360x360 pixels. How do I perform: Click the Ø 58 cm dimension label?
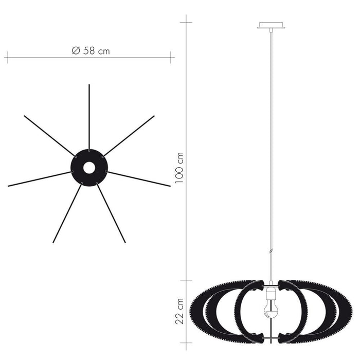(91, 50)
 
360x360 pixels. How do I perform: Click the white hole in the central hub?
(89, 168)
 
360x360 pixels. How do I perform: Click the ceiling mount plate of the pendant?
(271, 25)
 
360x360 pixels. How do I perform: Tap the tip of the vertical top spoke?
(89, 85)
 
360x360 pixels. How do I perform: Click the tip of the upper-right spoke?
(154, 116)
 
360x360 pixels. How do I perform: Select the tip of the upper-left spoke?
(25, 116)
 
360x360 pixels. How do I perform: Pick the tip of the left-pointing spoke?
(9, 186)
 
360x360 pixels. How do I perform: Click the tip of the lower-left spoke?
(53, 242)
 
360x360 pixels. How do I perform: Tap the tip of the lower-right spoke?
(125, 242)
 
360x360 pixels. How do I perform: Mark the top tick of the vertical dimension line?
(186, 22)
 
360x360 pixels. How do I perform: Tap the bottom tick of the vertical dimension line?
(186, 342)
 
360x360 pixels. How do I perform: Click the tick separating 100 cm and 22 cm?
(186, 280)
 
